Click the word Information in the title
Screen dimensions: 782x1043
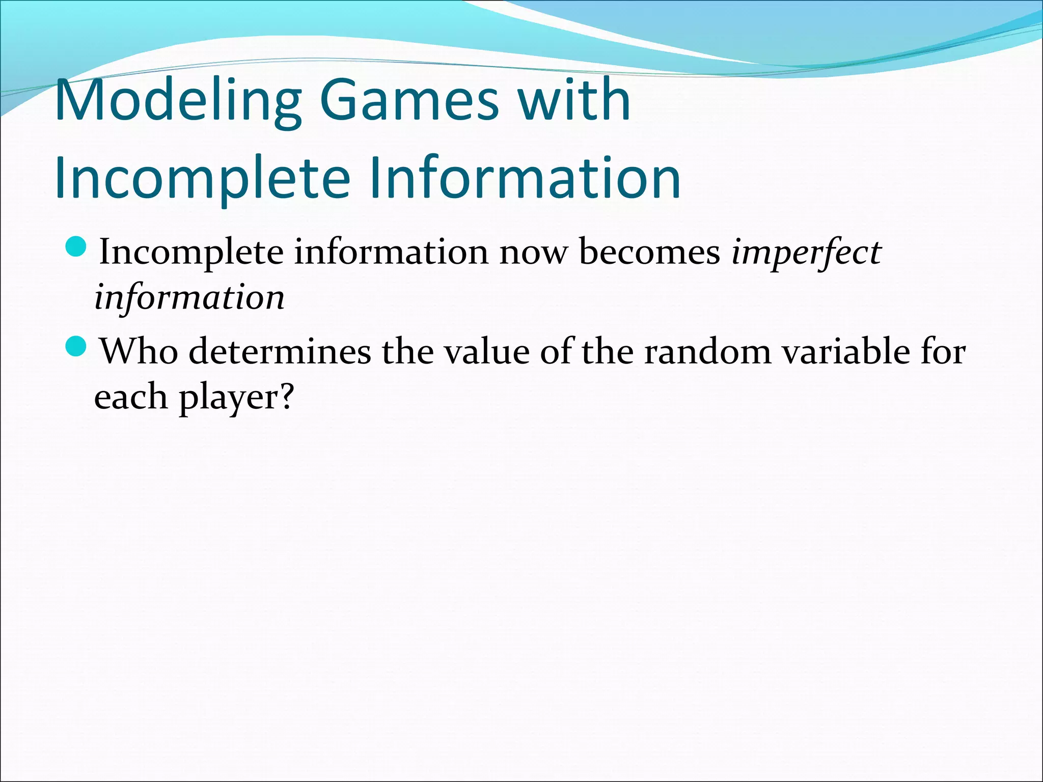pyautogui.click(x=525, y=178)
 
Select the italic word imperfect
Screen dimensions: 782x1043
pyautogui.click(x=806, y=253)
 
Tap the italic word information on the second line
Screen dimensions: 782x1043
pyautogui.click(x=189, y=298)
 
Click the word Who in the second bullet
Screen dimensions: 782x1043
pyautogui.click(x=139, y=352)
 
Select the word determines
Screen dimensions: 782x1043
pyautogui.click(x=280, y=352)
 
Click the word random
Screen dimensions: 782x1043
pyautogui.click(x=707, y=352)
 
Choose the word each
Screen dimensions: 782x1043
pyautogui.click(x=130, y=397)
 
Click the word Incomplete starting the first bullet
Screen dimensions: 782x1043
pyautogui.click(x=191, y=253)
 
